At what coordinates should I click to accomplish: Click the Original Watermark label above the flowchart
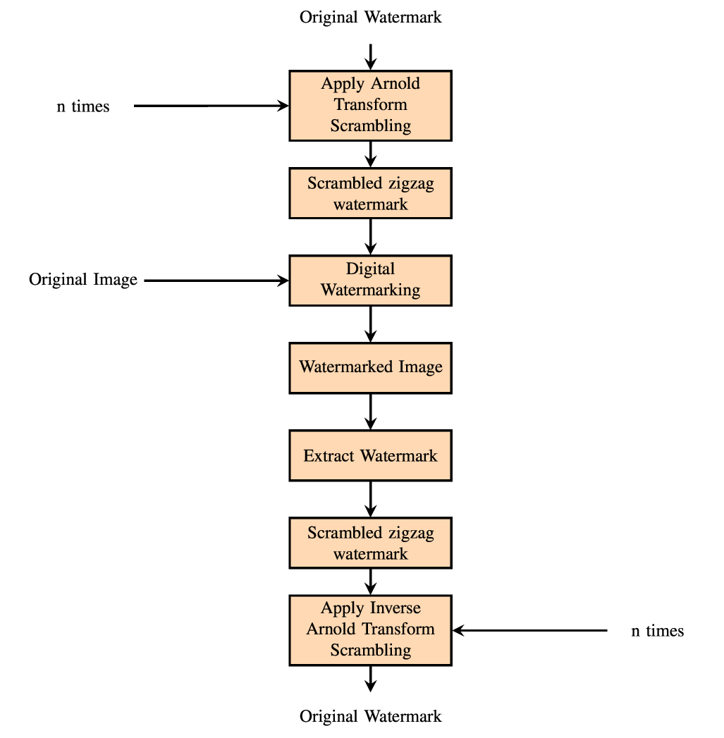pos(370,17)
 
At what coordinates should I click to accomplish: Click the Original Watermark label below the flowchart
pos(370,716)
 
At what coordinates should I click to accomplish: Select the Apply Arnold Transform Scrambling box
pos(370,105)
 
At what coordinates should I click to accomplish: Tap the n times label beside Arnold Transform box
pos(83,107)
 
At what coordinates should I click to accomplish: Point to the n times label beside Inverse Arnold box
pos(657,631)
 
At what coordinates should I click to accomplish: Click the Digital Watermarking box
pos(370,280)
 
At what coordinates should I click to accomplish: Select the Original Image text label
pos(83,280)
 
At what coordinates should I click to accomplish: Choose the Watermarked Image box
pos(370,367)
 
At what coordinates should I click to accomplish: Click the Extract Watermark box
pos(370,455)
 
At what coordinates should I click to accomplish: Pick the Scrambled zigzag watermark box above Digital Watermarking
pos(370,192)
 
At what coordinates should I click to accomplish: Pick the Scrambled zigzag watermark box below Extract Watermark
pos(370,543)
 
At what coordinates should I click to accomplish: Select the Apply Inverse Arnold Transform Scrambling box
pos(370,630)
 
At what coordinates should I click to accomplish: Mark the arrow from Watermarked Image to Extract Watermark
pos(370,411)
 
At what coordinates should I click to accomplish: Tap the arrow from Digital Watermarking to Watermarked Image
pos(370,324)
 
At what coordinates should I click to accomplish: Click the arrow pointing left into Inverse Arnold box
pos(529,631)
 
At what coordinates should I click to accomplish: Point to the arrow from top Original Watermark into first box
pos(370,56)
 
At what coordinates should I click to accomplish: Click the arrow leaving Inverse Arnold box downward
pos(370,678)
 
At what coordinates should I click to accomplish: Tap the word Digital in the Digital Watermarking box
pos(370,269)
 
